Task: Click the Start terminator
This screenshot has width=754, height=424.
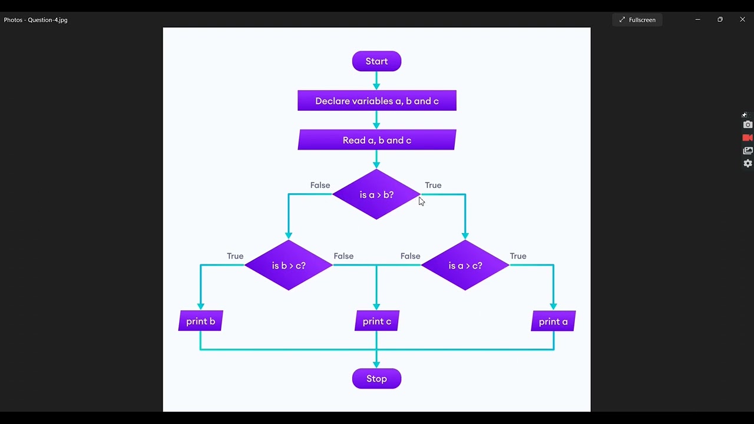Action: [x=376, y=61]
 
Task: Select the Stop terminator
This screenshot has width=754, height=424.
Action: [x=376, y=379]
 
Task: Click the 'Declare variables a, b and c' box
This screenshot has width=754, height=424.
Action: [x=377, y=101]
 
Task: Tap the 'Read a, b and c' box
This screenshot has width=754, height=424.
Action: [x=377, y=140]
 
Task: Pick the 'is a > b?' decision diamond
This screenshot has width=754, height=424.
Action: [x=376, y=195]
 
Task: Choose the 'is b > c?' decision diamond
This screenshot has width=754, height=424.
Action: [x=289, y=266]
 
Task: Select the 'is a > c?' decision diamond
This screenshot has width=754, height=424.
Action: [x=465, y=266]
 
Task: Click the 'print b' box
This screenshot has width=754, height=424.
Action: [x=201, y=322]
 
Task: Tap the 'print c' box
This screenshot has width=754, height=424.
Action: [x=377, y=322]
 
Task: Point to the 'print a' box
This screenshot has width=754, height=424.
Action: [x=553, y=322]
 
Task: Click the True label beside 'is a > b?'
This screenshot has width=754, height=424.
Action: [x=433, y=185]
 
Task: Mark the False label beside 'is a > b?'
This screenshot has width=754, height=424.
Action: [x=320, y=185]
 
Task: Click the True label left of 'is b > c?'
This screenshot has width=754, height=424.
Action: [x=235, y=256]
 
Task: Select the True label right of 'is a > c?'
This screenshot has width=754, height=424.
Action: [x=518, y=256]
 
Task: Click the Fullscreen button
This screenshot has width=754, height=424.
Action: [x=637, y=20]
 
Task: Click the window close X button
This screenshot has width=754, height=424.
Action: [x=742, y=19]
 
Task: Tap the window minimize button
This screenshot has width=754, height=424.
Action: [x=697, y=19]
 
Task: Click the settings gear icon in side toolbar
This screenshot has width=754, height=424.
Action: [x=748, y=164]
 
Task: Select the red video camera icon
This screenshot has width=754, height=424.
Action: [x=748, y=138]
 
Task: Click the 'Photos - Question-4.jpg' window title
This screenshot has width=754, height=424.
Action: [x=36, y=20]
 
